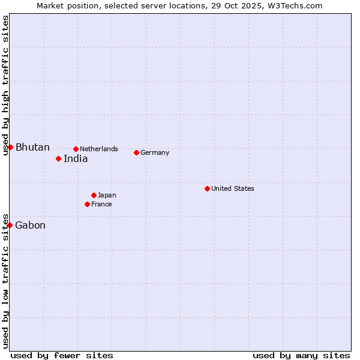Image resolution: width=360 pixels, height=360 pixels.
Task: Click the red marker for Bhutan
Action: coord(10,147)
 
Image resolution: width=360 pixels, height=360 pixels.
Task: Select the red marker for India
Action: coord(58,158)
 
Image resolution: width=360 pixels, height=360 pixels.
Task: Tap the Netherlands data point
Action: coord(76,149)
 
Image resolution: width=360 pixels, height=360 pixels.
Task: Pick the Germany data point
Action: coord(136,152)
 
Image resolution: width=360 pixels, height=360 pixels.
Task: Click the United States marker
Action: coord(207,188)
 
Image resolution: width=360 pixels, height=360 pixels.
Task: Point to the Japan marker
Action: coord(94,195)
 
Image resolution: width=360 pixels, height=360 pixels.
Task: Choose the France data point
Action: coord(87,204)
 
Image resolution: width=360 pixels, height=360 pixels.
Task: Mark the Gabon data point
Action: coord(10,225)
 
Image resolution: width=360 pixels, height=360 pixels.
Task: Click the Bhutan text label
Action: coord(32,148)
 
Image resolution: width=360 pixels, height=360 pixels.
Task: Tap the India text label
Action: coord(76,159)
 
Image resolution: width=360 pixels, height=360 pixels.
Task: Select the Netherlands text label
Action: coord(99,149)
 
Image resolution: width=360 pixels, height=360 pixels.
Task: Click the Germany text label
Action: coord(155,152)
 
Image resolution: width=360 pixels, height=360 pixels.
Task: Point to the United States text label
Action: coord(233,188)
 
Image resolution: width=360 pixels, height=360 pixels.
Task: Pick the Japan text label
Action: coord(107,195)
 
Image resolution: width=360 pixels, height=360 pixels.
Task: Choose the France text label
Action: coord(101,204)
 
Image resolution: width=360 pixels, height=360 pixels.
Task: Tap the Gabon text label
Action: coord(30,226)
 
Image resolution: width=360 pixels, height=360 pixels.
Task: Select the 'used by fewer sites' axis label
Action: coord(62,355)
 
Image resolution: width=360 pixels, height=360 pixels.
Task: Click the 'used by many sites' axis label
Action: coord(301,355)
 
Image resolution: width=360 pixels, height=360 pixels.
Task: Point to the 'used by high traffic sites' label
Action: coord(5,86)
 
